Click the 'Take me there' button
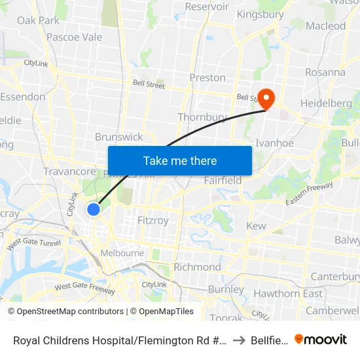click(x=180, y=160)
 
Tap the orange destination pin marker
click(x=266, y=98)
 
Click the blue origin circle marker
click(x=94, y=209)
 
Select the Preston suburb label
click(x=207, y=77)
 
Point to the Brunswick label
click(x=118, y=137)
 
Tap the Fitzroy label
click(x=153, y=221)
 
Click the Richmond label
click(x=197, y=267)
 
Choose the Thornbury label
click(x=202, y=117)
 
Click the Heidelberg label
click(x=326, y=103)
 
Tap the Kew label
click(x=256, y=226)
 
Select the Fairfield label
click(x=223, y=180)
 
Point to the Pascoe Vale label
click(x=74, y=37)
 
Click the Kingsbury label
click(x=260, y=14)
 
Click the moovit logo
click(x=321, y=339)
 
